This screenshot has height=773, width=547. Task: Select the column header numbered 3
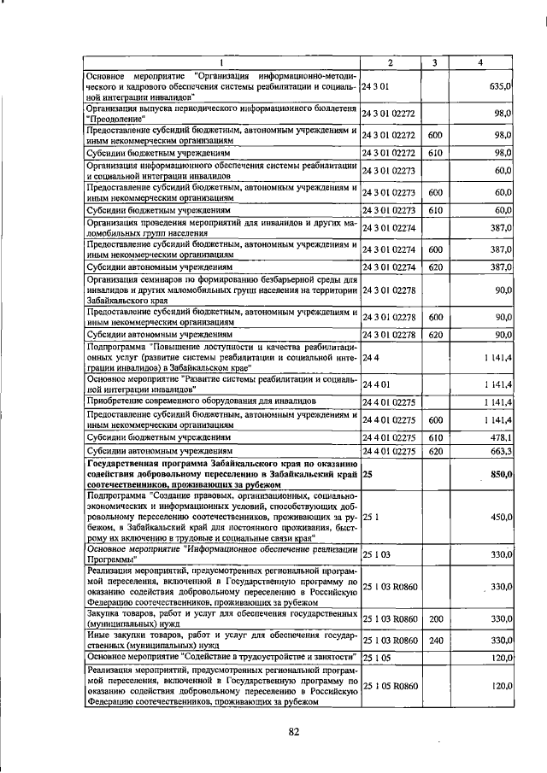point(434,63)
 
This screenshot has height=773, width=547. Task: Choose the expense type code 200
point(435,618)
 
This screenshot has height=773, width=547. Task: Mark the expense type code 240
point(435,640)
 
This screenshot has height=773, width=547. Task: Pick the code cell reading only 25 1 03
point(379,554)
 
